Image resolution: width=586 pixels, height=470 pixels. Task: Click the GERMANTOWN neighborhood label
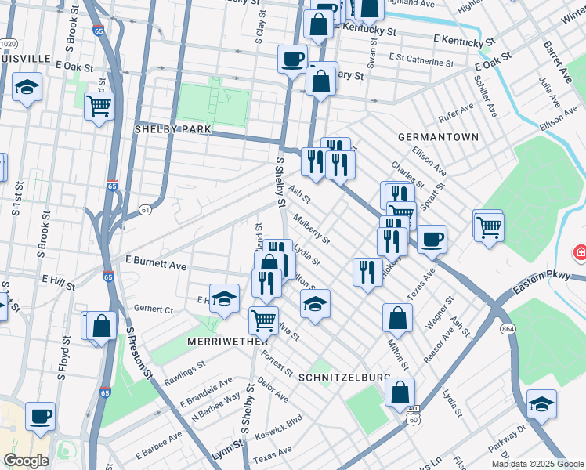tap(437, 136)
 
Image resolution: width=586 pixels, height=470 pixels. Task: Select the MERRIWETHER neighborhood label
tap(222, 342)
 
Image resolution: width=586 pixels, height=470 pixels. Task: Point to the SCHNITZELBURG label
tap(344, 377)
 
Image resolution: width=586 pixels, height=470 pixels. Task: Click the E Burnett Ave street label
tap(156, 262)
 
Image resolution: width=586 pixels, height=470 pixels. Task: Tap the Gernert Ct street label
tap(153, 309)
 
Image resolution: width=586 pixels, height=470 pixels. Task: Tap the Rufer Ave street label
tap(458, 116)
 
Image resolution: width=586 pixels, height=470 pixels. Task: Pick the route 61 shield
tap(145, 209)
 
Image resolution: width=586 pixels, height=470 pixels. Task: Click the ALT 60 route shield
tap(413, 416)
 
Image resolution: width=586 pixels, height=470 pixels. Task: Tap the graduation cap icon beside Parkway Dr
tap(541, 403)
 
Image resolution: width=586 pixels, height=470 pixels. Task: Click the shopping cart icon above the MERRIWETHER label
tap(263, 319)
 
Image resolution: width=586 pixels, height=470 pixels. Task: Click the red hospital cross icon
tap(580, 252)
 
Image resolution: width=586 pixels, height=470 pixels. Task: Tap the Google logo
tap(26, 461)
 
